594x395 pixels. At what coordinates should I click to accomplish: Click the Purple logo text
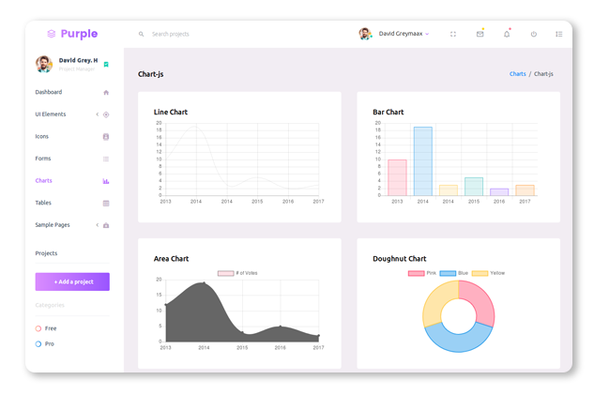pos(79,34)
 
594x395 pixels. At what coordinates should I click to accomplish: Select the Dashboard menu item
pos(49,92)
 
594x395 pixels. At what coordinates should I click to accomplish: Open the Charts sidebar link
pos(44,180)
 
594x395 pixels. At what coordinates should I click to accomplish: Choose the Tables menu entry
pos(43,203)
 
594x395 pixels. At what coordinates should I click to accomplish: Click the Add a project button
pos(72,281)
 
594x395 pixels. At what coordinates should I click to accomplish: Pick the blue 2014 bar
pos(422,161)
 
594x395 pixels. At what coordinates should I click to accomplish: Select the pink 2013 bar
pos(397,177)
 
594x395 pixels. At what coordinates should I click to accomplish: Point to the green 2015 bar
pos(474,186)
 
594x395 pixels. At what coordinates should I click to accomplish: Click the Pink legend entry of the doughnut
pos(423,273)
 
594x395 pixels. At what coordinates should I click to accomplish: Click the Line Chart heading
pos(171,112)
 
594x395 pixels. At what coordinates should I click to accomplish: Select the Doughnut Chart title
pos(399,258)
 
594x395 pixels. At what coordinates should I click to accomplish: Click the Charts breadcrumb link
pos(517,73)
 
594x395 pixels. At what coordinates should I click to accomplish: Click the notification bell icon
pos(507,34)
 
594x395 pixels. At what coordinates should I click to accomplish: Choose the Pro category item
pos(50,344)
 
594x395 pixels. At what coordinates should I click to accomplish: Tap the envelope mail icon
pos(480,34)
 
